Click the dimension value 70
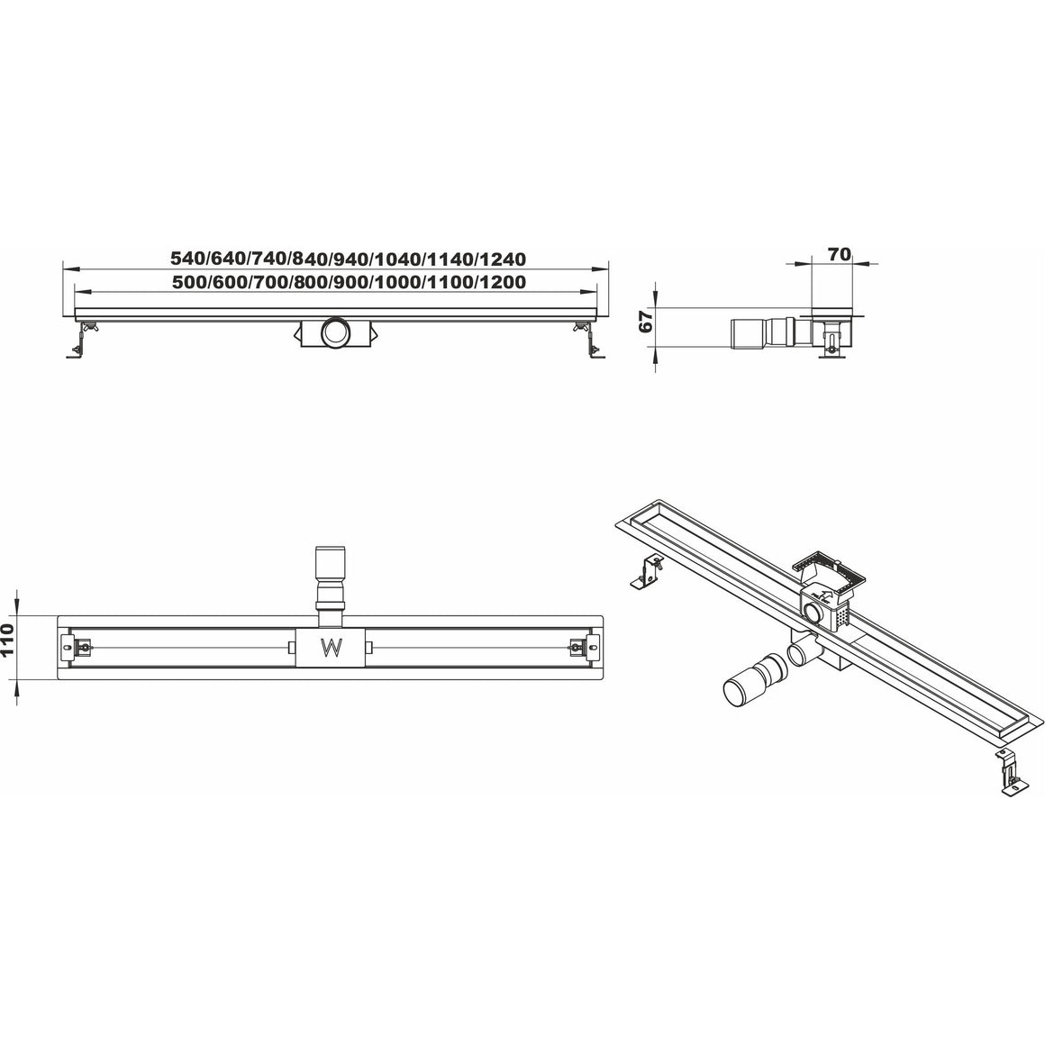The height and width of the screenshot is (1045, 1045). pyautogui.click(x=839, y=254)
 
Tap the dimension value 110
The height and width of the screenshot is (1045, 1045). pyautogui.click(x=8, y=640)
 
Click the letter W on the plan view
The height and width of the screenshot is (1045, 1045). pyautogui.click(x=331, y=647)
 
